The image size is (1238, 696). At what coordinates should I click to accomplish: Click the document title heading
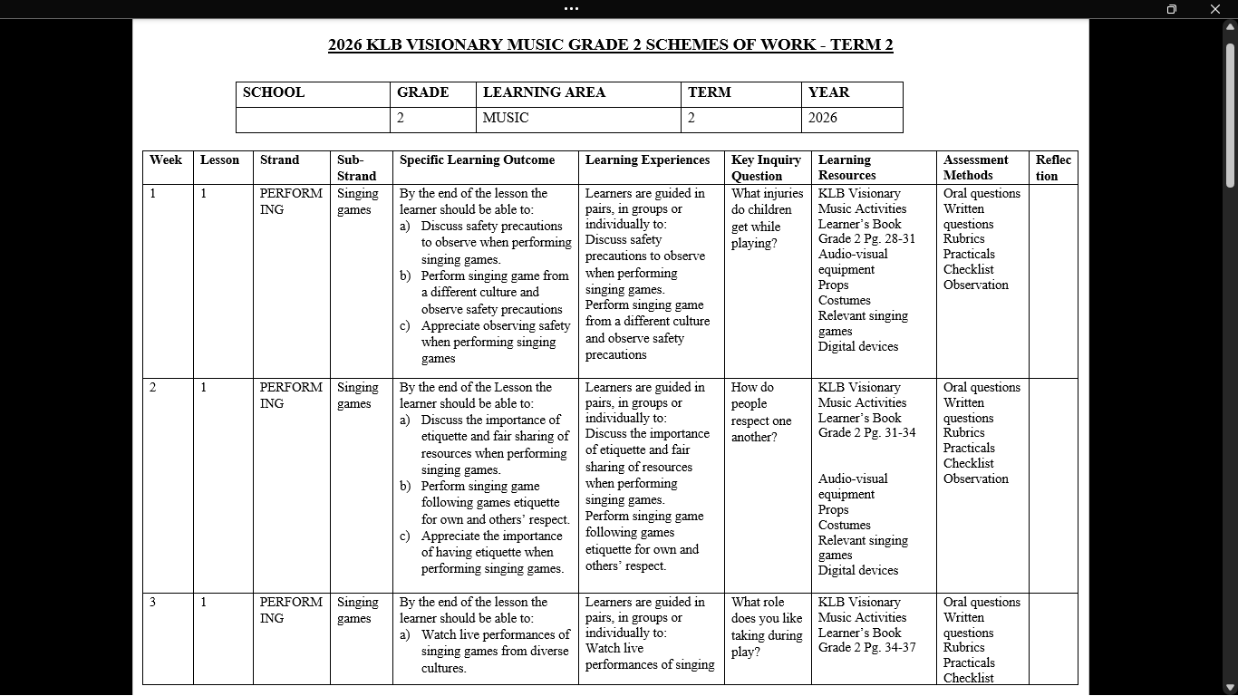[610, 45]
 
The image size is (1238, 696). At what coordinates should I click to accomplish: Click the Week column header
[166, 160]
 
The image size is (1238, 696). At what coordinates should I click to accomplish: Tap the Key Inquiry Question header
[766, 168]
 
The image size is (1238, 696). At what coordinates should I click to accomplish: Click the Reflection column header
[1053, 168]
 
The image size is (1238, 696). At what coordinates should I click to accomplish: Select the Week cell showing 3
[153, 603]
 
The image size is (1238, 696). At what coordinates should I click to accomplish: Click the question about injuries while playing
[767, 217]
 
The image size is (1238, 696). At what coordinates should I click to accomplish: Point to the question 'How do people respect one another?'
[761, 412]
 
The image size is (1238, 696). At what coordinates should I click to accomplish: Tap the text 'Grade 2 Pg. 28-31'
[866, 239]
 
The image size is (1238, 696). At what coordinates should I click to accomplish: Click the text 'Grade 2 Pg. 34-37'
[866, 648]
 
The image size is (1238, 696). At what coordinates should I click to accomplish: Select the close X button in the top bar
[1215, 9]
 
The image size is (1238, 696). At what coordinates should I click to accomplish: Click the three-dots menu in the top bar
[571, 9]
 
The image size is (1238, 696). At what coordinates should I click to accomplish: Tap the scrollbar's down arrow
[1230, 688]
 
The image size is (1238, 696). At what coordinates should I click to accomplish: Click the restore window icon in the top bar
[1172, 9]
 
